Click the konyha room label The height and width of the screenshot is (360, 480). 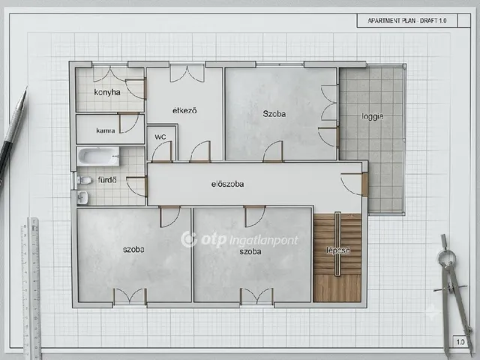(x=107, y=92)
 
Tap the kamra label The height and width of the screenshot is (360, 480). (x=106, y=130)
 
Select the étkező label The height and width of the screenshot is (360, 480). (x=184, y=110)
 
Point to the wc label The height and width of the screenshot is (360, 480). (x=160, y=136)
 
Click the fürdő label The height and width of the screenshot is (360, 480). (x=107, y=180)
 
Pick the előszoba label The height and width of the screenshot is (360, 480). (x=227, y=184)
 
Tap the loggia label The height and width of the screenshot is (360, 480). (x=372, y=117)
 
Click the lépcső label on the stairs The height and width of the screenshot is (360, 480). (x=338, y=250)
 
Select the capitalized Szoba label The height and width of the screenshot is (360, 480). (x=274, y=114)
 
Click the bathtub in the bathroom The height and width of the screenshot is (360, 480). (x=98, y=156)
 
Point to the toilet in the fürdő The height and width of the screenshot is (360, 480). (x=84, y=180)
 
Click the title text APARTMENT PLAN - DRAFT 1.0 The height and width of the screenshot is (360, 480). (x=407, y=21)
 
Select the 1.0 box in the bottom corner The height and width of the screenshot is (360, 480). (x=460, y=342)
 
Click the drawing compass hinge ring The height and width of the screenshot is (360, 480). (x=447, y=256)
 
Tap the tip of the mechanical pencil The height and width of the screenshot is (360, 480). (x=26, y=88)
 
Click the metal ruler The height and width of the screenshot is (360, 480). (x=31, y=288)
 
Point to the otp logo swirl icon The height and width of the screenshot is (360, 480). (x=188, y=239)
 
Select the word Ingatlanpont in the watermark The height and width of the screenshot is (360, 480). (x=264, y=241)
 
